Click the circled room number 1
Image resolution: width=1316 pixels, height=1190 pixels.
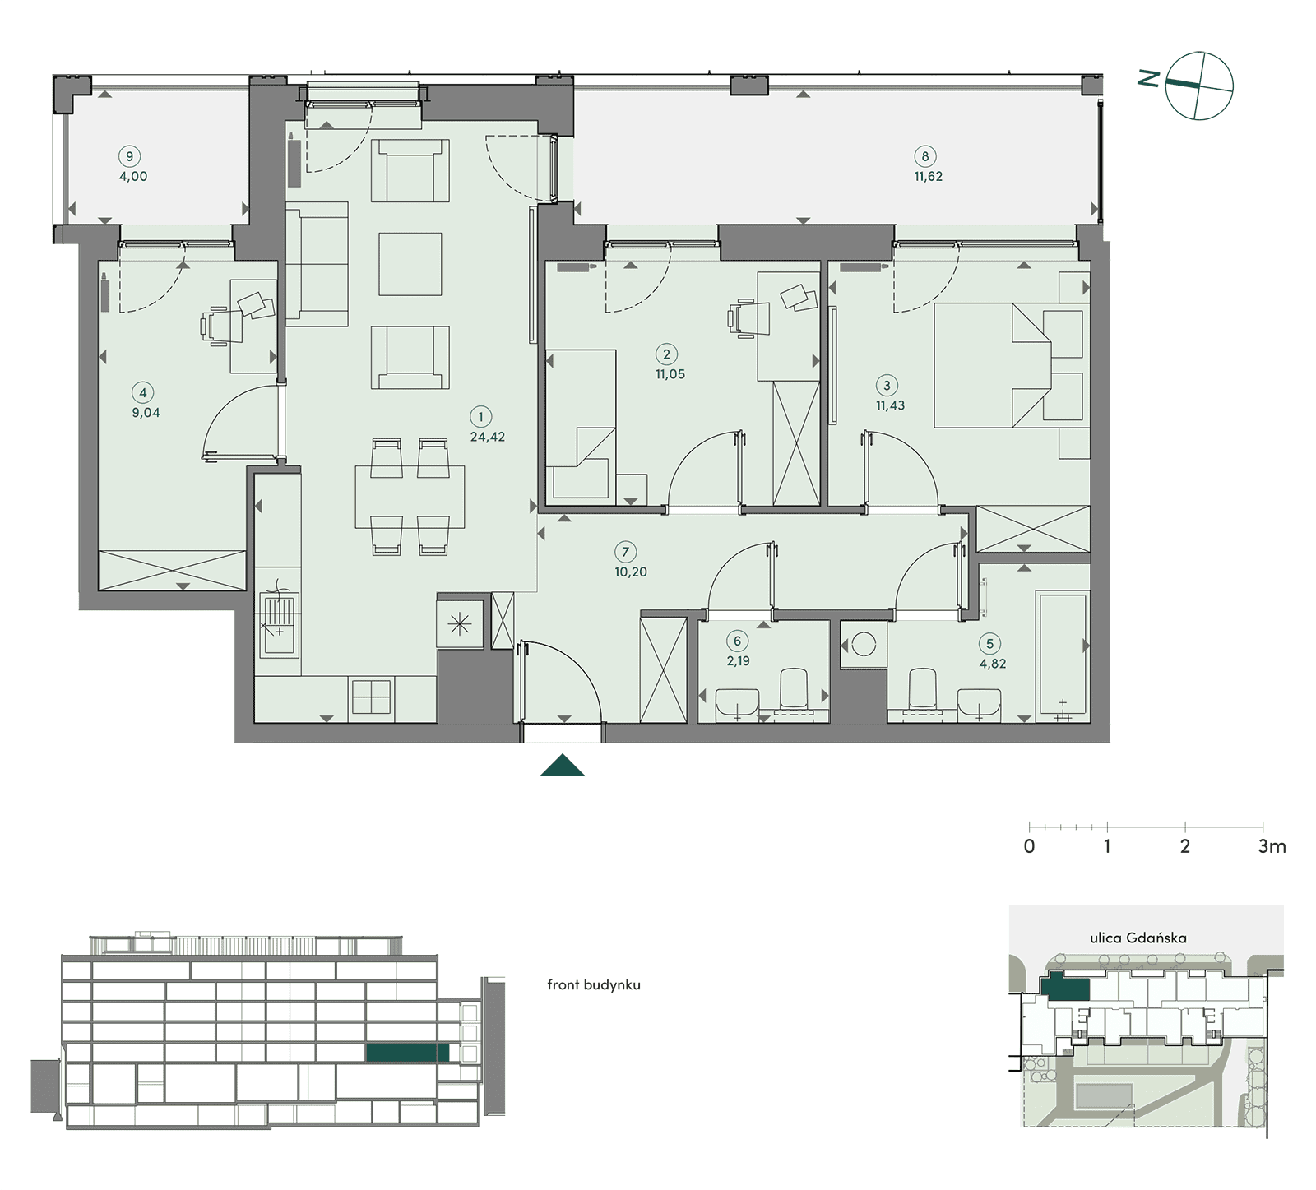point(481,417)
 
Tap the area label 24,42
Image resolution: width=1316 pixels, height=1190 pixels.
point(488,437)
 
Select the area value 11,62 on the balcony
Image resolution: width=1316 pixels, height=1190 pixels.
point(929,176)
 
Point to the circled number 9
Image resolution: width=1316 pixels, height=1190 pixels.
point(129,156)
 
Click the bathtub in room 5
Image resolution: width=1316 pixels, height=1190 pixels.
point(1063,655)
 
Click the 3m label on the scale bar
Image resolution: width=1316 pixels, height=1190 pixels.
point(1272,846)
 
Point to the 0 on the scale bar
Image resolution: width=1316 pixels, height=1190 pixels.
point(1030,846)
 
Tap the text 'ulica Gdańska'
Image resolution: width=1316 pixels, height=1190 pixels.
point(1138,938)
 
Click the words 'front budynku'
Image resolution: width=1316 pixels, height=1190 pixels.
point(594,984)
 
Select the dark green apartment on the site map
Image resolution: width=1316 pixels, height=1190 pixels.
point(1064,987)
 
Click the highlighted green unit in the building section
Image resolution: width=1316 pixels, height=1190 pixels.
point(408,1053)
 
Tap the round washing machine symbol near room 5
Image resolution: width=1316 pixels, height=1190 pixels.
point(864,644)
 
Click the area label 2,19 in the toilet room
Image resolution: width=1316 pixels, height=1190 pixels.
point(738,660)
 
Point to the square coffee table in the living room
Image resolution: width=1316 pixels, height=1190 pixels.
point(410,263)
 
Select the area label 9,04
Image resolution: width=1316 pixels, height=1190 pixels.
point(146,413)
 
